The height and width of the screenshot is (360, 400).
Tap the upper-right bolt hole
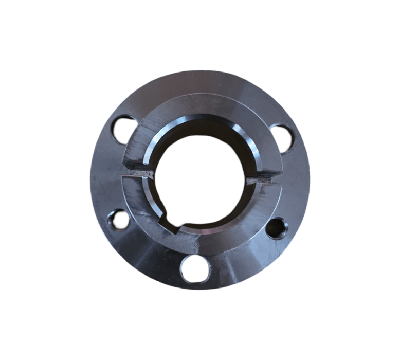tap(280, 137)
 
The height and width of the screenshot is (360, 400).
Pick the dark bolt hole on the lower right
tap(276, 228)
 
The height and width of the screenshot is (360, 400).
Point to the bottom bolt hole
tap(195, 268)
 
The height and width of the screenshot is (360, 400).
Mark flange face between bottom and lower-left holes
tap(149, 252)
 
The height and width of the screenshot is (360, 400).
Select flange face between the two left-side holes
tap(105, 175)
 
